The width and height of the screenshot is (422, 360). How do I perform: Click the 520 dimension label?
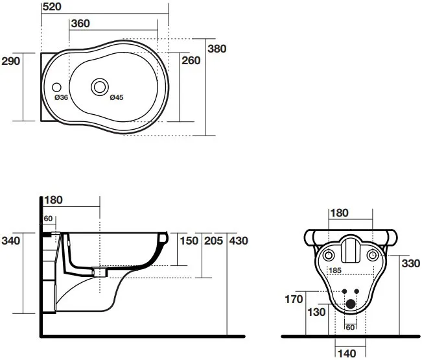coord(53,6)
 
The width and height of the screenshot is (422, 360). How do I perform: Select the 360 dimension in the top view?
coord(80,23)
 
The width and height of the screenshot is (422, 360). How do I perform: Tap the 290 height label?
coord(12,61)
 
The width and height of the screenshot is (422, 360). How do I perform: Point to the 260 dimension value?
coord(191,61)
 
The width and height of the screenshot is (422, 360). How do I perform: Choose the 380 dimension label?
coord(217,49)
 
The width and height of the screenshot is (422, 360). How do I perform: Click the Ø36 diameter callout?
coord(62,97)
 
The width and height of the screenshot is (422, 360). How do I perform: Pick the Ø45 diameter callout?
coord(117,97)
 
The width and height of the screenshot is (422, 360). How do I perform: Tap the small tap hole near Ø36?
coord(56,85)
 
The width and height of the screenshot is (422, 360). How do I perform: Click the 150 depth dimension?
coord(189,241)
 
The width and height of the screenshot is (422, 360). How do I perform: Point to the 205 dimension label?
coord(213,241)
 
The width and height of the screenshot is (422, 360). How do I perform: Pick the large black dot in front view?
coord(351,303)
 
